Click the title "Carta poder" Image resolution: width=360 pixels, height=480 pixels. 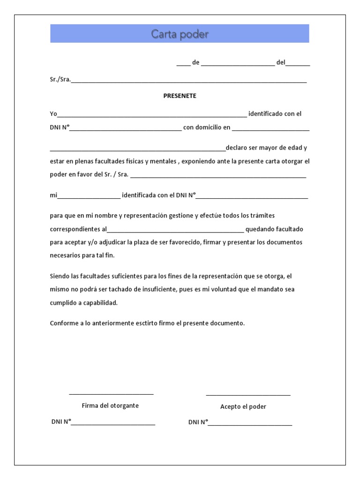pyautogui.click(x=180, y=34)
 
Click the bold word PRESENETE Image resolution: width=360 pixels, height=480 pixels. pyautogui.click(x=180, y=96)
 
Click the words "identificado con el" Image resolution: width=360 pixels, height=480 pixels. pyautogui.click(x=275, y=114)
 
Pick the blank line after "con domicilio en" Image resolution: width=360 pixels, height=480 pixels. pyautogui.click(x=270, y=129)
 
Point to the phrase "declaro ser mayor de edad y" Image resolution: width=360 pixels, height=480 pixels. pyautogui.click(x=266, y=148)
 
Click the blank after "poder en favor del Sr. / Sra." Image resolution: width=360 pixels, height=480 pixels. pyautogui.click(x=218, y=177)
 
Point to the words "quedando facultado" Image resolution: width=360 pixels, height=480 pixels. pyautogui.click(x=274, y=229)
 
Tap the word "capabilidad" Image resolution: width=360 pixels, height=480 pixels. pyautogui.click(x=99, y=303)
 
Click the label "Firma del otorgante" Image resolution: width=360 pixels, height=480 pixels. pyautogui.click(x=110, y=405)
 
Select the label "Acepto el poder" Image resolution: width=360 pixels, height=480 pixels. pyautogui.click(x=243, y=406)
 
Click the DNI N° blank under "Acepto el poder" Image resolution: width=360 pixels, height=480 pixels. pyautogui.click(x=250, y=424)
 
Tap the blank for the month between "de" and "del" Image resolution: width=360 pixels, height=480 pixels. pyautogui.click(x=238, y=65)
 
